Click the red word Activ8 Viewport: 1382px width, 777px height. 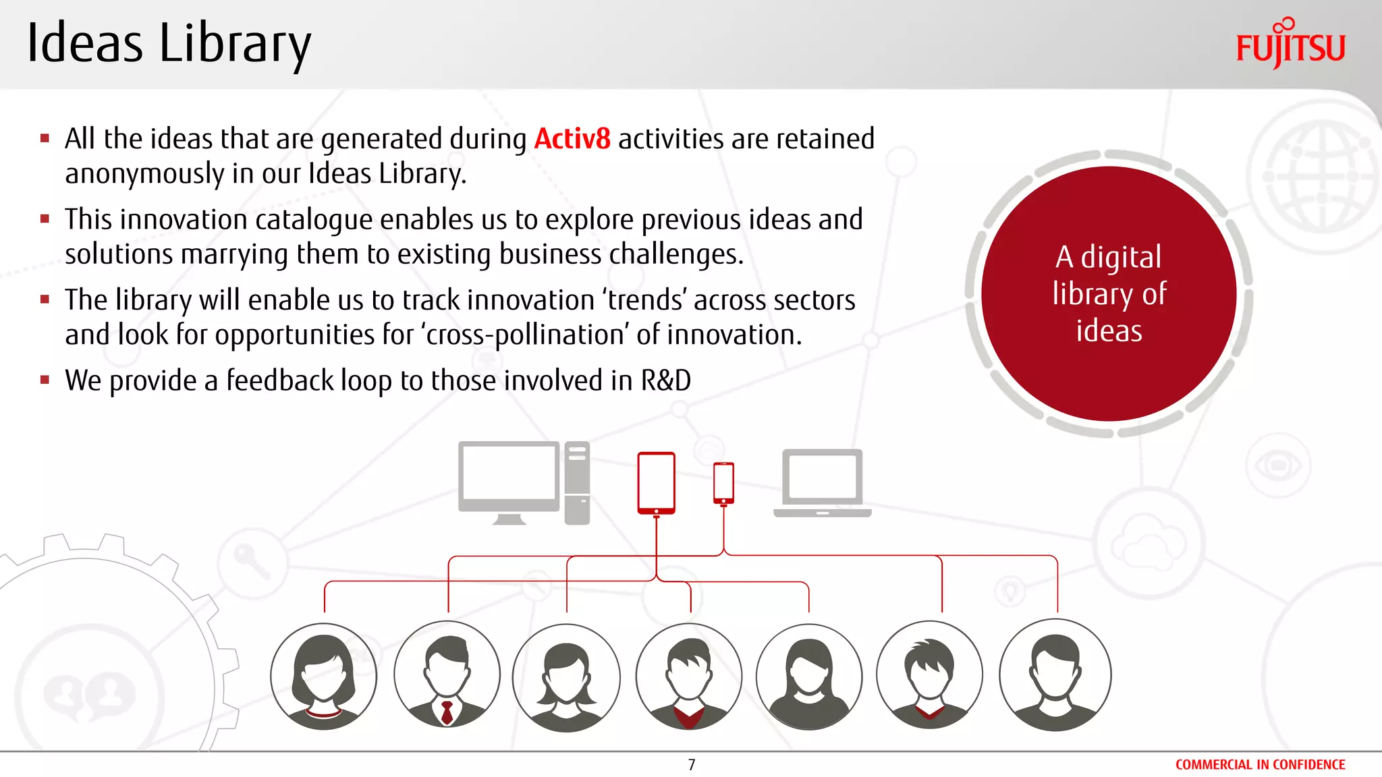point(572,139)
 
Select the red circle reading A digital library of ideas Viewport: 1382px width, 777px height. point(1109,294)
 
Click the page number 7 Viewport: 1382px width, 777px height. point(691,764)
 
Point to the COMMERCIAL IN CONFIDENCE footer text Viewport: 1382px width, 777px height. point(1260,764)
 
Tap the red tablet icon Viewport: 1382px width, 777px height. point(656,483)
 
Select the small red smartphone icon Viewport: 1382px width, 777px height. point(723,483)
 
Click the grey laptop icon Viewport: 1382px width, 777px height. point(822,483)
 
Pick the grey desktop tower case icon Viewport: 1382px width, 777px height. point(577,482)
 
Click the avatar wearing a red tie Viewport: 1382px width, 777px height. point(447,674)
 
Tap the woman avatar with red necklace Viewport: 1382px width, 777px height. point(324,676)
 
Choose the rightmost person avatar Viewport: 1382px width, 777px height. point(1055,674)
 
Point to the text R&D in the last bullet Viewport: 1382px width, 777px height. point(665,380)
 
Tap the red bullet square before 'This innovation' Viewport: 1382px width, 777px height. point(45,219)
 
